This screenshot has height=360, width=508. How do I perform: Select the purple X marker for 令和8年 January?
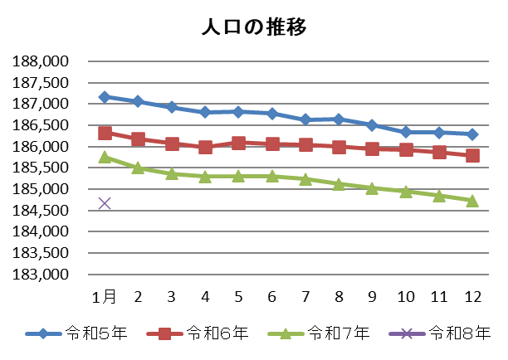coord(105,203)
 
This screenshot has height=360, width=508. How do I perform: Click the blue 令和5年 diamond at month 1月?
coord(105,96)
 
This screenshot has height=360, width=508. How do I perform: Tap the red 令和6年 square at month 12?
coord(472,155)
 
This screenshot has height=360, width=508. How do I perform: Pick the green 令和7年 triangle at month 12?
coord(472,200)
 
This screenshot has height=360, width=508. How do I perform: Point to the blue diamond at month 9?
coord(372,125)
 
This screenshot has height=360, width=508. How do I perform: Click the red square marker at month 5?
coord(238,143)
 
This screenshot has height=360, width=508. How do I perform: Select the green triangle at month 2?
coord(138,168)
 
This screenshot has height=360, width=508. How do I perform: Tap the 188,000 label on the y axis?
coord(41,62)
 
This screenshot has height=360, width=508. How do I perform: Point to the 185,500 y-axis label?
coord(41,168)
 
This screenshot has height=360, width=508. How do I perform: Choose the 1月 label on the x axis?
coord(105,296)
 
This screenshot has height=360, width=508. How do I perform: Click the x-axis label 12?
coord(472,296)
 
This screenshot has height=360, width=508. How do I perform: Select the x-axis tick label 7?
coord(305,296)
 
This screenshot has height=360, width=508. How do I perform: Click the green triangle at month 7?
coord(305,179)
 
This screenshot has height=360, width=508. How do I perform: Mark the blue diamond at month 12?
coord(472,134)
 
